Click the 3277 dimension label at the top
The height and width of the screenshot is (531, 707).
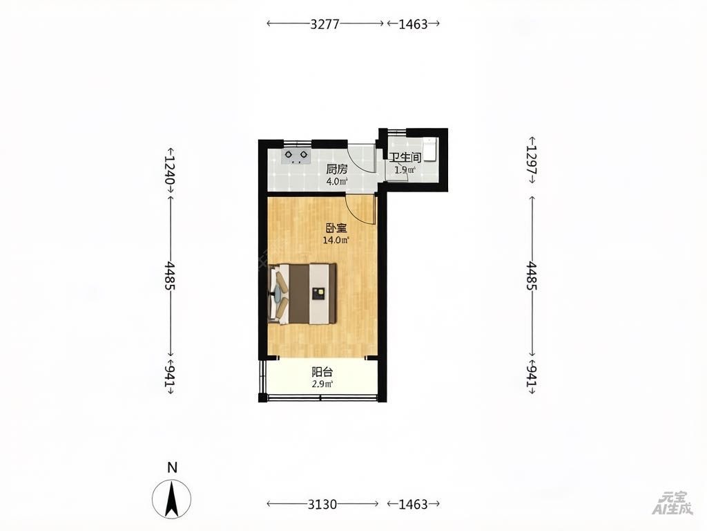point(325,24)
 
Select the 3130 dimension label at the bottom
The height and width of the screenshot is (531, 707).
point(322,503)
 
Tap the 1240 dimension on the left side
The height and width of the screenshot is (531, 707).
point(170,170)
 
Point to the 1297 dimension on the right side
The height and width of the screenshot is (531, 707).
point(532,160)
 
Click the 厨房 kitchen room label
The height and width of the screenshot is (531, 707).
point(337,169)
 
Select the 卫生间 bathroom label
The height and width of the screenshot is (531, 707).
point(405,157)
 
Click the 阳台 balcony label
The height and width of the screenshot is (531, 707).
point(322,372)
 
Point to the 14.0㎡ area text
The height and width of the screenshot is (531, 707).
point(336,240)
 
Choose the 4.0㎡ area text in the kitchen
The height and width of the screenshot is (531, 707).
point(337,182)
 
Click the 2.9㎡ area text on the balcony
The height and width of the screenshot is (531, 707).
point(322,384)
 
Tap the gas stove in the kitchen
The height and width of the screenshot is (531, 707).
point(297,156)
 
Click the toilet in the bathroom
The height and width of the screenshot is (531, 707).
point(430,149)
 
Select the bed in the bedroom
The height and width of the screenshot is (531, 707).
point(303,294)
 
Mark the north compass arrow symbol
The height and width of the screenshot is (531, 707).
point(171,500)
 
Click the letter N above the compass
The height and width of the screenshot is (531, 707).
point(172,467)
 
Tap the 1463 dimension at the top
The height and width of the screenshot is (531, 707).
point(413,24)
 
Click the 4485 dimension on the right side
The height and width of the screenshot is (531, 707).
point(532,275)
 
